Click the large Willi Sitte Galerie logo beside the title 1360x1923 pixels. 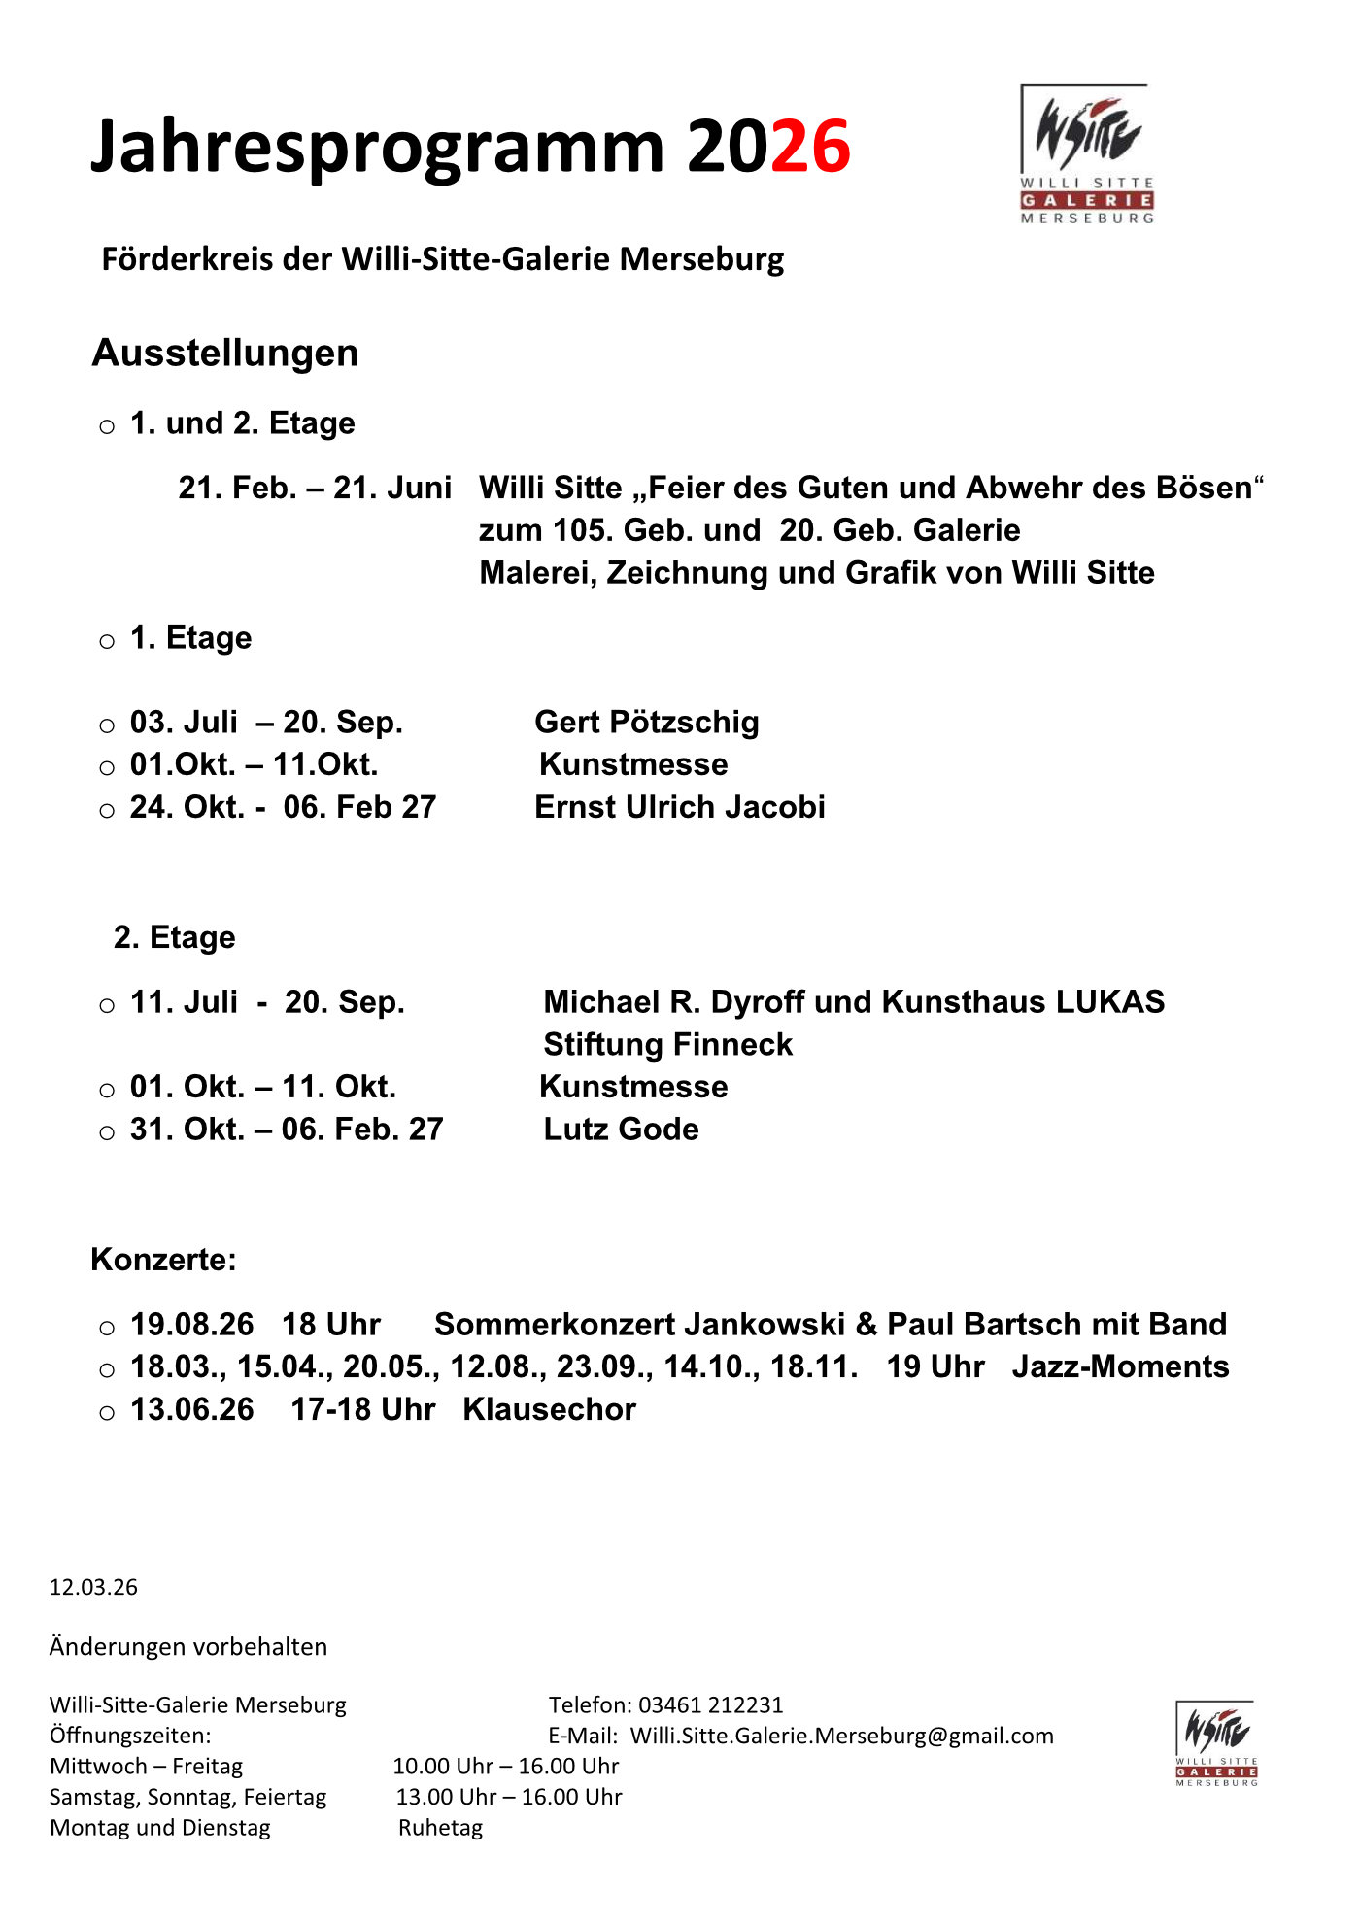(x=1086, y=154)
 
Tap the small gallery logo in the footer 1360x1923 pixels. (x=1216, y=1744)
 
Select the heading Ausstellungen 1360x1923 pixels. (x=225, y=353)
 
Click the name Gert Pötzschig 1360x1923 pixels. (x=647, y=722)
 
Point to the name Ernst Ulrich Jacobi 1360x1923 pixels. (x=680, y=807)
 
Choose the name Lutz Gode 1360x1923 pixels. (x=621, y=1129)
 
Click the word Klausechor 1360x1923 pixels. (x=549, y=1409)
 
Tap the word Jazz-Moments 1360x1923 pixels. (x=1120, y=1366)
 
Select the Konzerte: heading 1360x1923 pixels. (x=163, y=1260)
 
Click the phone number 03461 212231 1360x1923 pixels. (x=710, y=1704)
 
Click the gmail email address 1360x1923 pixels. (x=841, y=1736)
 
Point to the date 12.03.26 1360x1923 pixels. (x=93, y=1587)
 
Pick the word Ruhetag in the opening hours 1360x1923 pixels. (x=440, y=1828)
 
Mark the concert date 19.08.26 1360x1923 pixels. (x=191, y=1324)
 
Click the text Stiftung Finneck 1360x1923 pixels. (x=667, y=1044)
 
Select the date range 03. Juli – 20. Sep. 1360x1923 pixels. (x=266, y=722)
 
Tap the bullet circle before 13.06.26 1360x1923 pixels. (x=107, y=1412)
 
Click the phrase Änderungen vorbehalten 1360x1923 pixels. (x=188, y=1646)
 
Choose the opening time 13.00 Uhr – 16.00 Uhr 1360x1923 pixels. (x=509, y=1797)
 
